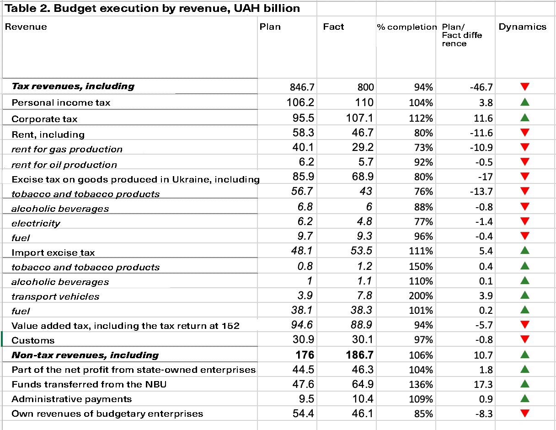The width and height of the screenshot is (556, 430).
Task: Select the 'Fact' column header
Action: [333, 27]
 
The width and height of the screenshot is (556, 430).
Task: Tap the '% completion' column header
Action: [407, 27]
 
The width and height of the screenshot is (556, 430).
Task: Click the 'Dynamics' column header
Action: [523, 27]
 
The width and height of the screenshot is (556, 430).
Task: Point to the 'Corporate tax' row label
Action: [44, 119]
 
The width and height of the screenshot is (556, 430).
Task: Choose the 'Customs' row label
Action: [33, 340]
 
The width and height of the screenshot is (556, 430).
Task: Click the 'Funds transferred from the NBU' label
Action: [89, 384]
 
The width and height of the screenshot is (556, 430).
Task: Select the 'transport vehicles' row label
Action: [55, 296]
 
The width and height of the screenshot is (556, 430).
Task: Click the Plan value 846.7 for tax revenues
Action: [302, 87]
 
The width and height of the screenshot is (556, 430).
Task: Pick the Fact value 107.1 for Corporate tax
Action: [359, 118]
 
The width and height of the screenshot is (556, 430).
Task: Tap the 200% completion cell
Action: [421, 296]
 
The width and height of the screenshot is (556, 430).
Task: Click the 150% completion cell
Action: [421, 267]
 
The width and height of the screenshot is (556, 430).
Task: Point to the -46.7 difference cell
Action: [481, 87]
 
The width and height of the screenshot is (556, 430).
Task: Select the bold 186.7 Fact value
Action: [359, 355]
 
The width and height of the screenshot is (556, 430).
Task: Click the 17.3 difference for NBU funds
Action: [483, 384]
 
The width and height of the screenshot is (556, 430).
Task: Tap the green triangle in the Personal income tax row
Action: [525, 102]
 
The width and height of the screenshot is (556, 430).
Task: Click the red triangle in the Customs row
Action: [525, 339]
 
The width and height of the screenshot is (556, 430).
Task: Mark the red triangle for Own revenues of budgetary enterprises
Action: [525, 414]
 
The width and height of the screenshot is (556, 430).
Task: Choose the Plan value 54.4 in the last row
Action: [303, 414]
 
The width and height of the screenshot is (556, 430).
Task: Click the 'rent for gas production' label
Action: [67, 150]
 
